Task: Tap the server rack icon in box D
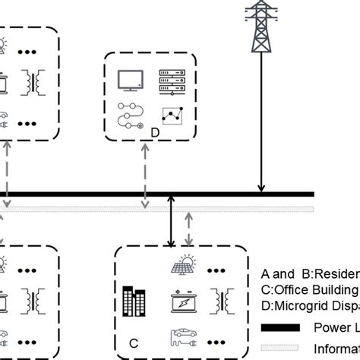pos(169,78)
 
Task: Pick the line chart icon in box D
pos(172,117)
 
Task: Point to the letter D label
pos(154,132)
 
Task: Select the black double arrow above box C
pos(171,220)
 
